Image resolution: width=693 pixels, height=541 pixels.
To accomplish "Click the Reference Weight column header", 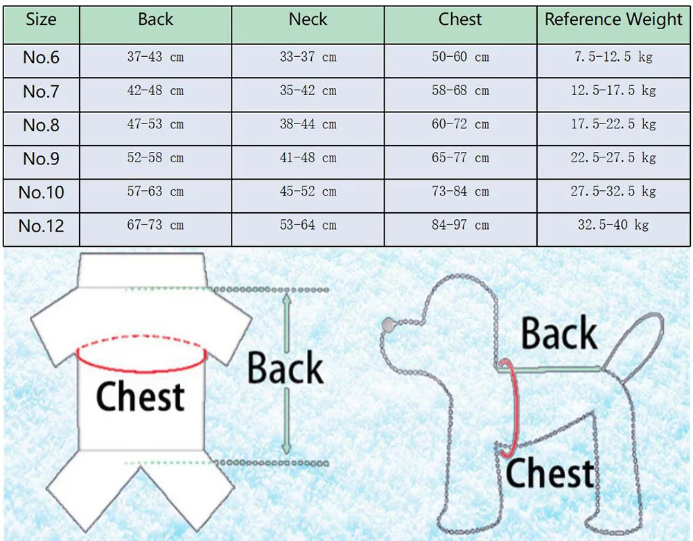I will pyautogui.click(x=613, y=19).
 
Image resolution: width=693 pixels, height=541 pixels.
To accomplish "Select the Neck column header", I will pyautogui.click(x=308, y=19).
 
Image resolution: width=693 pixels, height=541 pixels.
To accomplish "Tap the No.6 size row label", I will pyautogui.click(x=41, y=58).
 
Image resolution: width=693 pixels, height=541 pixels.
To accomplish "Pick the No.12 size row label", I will pyautogui.click(x=41, y=225).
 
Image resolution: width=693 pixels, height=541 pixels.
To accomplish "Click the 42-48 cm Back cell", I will pyautogui.click(x=155, y=91).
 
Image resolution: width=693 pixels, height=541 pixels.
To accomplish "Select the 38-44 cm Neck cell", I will pyautogui.click(x=308, y=125).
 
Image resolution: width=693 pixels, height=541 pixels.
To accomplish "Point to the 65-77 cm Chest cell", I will pyautogui.click(x=460, y=158).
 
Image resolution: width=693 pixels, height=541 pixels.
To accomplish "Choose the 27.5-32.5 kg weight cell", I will pyautogui.click(x=613, y=191).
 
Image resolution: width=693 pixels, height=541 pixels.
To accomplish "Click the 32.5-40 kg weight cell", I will pyautogui.click(x=613, y=225).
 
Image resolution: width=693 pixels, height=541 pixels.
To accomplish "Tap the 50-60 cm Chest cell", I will pyautogui.click(x=460, y=58).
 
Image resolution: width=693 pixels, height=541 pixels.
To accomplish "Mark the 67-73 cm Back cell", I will pyautogui.click(x=155, y=225).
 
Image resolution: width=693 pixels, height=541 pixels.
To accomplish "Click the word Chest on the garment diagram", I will pyautogui.click(x=140, y=397).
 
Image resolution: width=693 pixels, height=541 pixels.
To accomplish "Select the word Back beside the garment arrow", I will pyautogui.click(x=286, y=368).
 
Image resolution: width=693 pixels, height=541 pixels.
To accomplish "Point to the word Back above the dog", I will pyautogui.click(x=559, y=334).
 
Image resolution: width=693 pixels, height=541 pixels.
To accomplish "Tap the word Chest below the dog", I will pyautogui.click(x=550, y=474).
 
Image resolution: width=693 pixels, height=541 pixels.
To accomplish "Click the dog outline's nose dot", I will pyautogui.click(x=387, y=323).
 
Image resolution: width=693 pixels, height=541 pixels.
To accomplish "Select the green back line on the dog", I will pyautogui.click(x=554, y=367).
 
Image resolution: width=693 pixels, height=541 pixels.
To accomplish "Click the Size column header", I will pyautogui.click(x=41, y=19).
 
